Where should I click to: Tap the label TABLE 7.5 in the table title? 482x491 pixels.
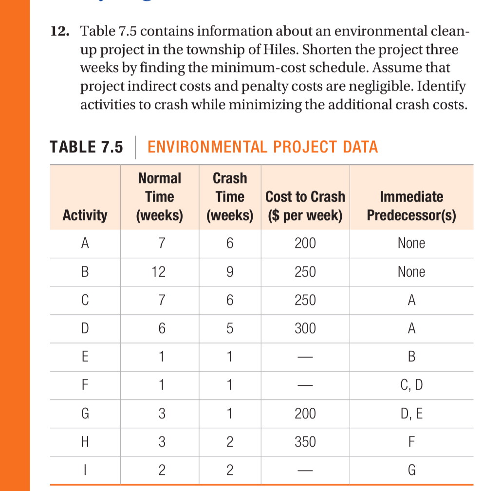coord(86,147)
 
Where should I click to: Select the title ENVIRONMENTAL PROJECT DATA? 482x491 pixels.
coord(262,147)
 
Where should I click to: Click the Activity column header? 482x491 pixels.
coord(85,215)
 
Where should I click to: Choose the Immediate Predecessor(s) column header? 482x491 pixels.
coord(411,206)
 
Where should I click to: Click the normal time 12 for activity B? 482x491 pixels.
coord(159,272)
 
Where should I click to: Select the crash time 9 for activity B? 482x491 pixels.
coord(230,272)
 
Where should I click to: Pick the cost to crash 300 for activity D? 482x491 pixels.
coord(305,329)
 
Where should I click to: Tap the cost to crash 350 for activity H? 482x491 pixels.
coord(305,442)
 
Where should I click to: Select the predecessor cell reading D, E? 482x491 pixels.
coord(411,414)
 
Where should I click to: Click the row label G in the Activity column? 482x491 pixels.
coord(85,414)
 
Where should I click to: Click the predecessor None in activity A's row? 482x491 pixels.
coord(411,243)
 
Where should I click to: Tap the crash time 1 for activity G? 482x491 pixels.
coord(230,414)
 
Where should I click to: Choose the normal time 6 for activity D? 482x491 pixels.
coord(159,329)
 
